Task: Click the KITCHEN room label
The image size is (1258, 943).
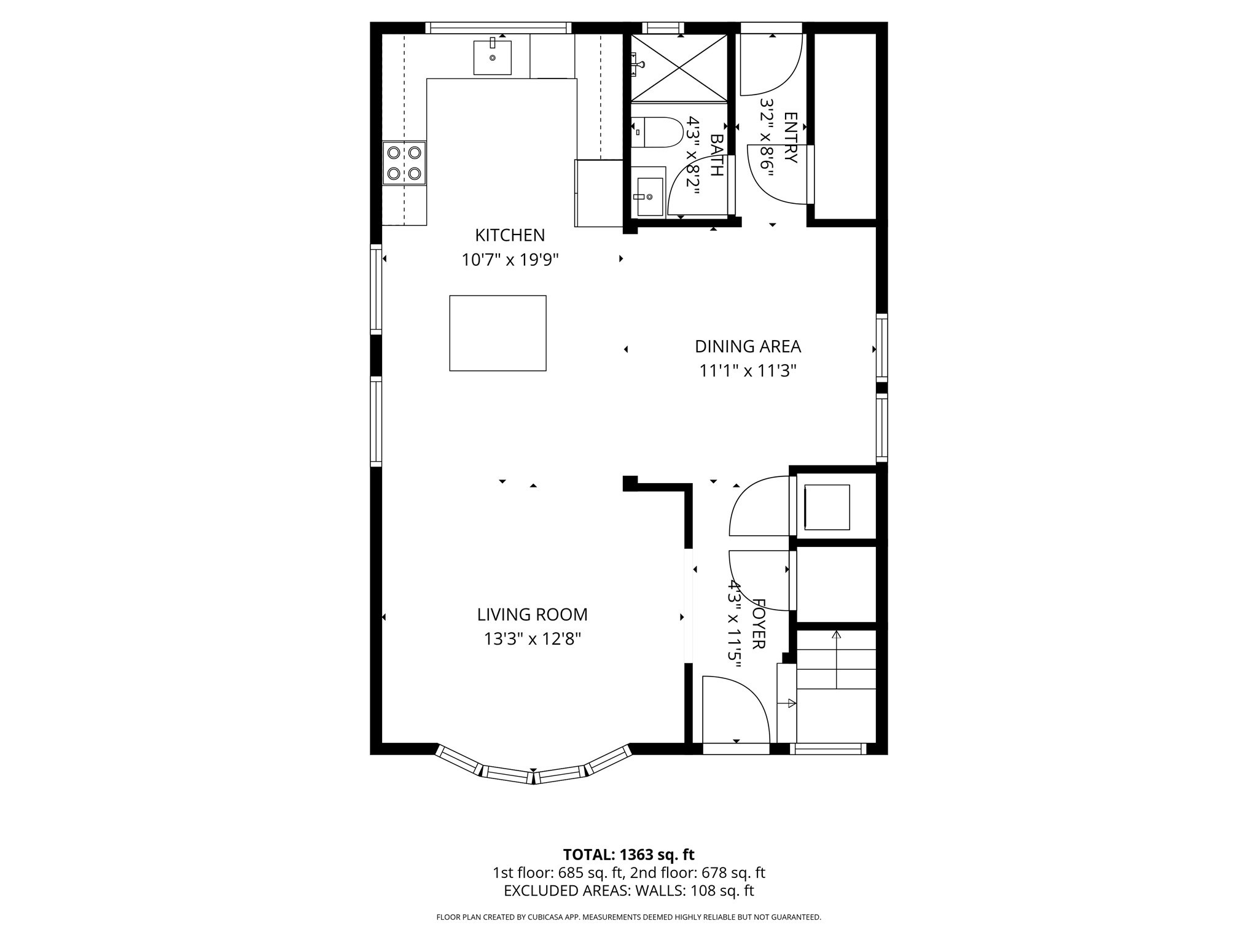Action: pyautogui.click(x=510, y=235)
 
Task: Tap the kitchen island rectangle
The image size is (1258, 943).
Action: pyautogui.click(x=498, y=333)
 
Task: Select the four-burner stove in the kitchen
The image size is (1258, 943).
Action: pyautogui.click(x=404, y=163)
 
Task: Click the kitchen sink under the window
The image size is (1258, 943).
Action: pyautogui.click(x=493, y=57)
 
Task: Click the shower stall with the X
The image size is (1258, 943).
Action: pyautogui.click(x=679, y=68)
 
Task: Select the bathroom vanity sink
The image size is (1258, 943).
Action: pyautogui.click(x=650, y=196)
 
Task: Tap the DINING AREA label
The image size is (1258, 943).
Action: pyautogui.click(x=748, y=346)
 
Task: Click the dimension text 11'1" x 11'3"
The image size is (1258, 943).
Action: pyautogui.click(x=748, y=371)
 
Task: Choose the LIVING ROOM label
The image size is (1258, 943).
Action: pyautogui.click(x=532, y=615)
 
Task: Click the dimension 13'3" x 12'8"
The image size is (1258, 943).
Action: pyautogui.click(x=532, y=639)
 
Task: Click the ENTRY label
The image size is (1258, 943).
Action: pyautogui.click(x=791, y=138)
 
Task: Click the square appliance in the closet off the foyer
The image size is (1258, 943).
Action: pyautogui.click(x=827, y=507)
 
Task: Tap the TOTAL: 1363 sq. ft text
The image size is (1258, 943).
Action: pyautogui.click(x=628, y=855)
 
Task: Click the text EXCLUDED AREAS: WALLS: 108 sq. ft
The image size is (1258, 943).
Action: pyautogui.click(x=628, y=891)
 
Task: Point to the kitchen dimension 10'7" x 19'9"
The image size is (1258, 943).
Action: pyautogui.click(x=510, y=260)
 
